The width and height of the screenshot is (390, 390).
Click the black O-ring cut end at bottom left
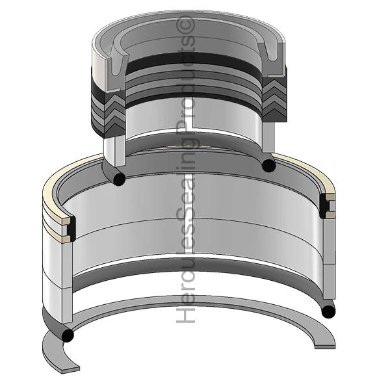(x=68, y=335)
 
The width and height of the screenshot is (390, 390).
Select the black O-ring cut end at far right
(x=328, y=311)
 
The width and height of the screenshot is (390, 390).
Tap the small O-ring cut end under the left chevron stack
(x=119, y=179)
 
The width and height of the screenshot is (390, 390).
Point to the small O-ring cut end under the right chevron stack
(x=268, y=165)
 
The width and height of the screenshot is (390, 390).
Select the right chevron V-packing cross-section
(x=274, y=99)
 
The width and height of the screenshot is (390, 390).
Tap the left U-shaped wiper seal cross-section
(x=116, y=67)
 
